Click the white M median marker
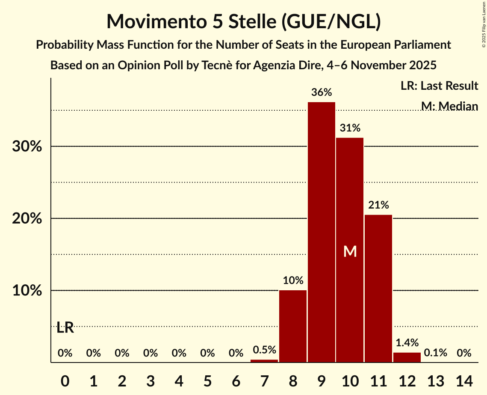pos(350,251)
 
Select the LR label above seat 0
pos(65,328)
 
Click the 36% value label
pos(322,92)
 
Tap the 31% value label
pos(350,128)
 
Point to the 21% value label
pos(378,205)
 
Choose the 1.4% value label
pos(407,342)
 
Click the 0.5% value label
pos(264,350)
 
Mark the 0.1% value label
pos(436,353)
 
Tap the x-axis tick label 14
pos(464,380)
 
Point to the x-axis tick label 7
pos(264,380)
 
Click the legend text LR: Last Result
pos(439,86)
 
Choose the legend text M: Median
pos(449,106)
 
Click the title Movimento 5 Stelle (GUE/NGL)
pos(243,21)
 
